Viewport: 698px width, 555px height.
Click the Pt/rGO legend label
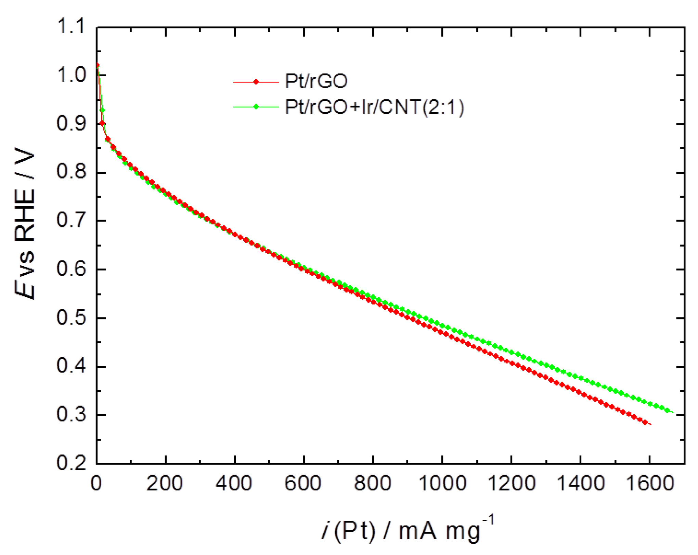[316, 81]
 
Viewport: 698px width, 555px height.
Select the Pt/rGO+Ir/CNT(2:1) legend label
[374, 107]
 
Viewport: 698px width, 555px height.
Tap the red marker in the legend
[256, 82]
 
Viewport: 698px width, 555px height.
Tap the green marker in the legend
[256, 107]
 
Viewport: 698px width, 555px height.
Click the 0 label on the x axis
[96, 484]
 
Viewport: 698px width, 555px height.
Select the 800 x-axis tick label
[372, 484]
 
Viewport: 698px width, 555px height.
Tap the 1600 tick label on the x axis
[649, 484]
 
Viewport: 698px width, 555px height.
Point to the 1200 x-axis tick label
[511, 484]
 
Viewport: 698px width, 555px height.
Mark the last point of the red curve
[645, 422]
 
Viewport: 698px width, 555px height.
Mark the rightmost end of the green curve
[673, 412]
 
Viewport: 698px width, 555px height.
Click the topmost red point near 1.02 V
[97, 65]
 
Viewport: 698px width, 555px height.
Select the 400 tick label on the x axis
[234, 484]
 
